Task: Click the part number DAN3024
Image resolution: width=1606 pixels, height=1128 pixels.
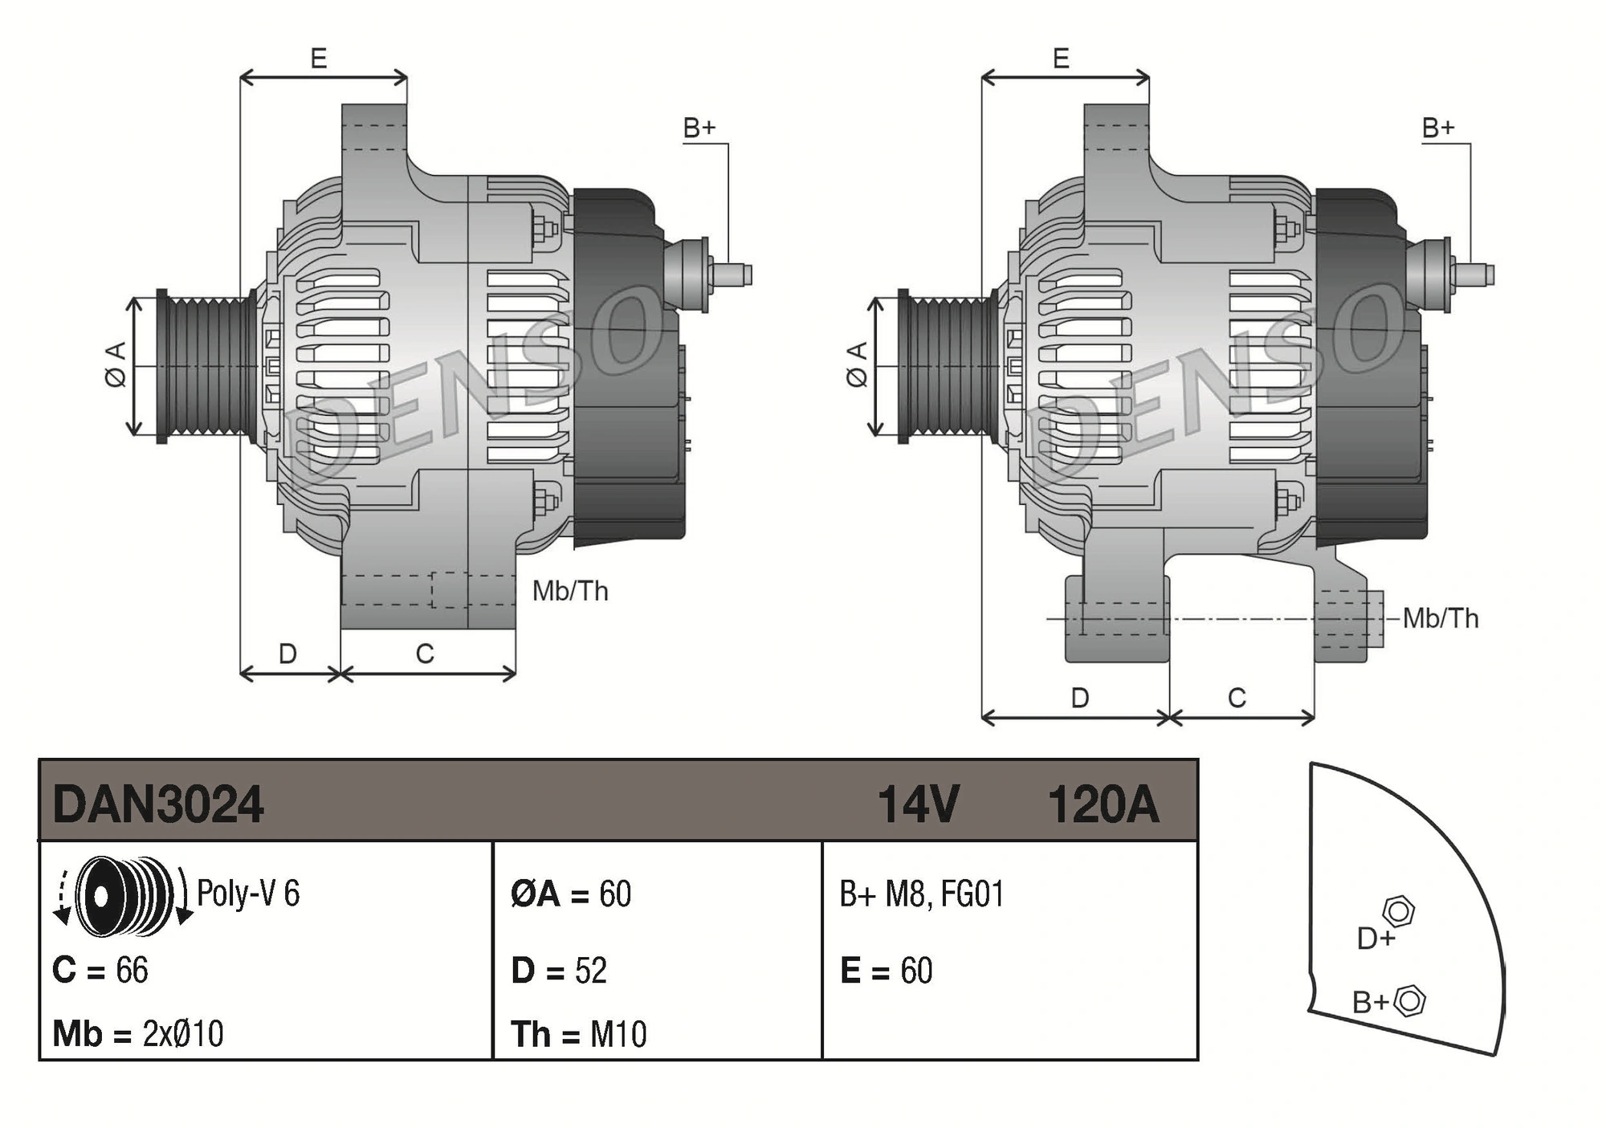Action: point(157,804)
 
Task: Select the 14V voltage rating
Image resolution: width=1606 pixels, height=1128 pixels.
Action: point(918,804)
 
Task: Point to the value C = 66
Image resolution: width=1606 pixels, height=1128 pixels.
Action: point(100,971)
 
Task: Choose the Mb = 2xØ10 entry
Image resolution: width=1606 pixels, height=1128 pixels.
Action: point(137,1034)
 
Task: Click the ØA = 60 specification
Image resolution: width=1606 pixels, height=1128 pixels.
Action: point(571,894)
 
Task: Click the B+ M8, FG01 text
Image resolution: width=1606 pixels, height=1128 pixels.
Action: point(922,894)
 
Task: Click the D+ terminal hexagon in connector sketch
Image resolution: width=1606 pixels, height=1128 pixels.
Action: point(1398,912)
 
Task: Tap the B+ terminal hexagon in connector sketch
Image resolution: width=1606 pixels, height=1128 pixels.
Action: point(1409,1001)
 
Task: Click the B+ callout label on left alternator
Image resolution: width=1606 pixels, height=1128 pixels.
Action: point(699,128)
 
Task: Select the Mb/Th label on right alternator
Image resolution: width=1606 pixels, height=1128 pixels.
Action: point(1441,619)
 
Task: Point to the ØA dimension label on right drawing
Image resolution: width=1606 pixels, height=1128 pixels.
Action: point(858,364)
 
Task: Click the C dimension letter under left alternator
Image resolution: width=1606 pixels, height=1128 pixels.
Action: point(425,654)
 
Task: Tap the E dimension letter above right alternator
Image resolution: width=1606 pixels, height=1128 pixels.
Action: point(1061,59)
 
